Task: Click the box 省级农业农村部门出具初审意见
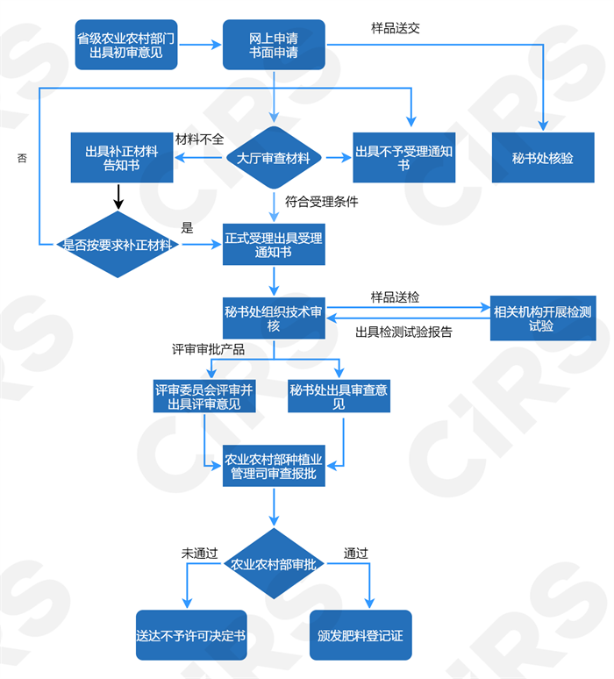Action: coord(126,46)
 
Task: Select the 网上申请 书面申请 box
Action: coord(274,46)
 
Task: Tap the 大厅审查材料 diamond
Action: coord(274,159)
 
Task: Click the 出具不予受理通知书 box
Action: coord(404,158)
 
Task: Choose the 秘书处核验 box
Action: coord(543,158)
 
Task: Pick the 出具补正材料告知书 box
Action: coord(122,158)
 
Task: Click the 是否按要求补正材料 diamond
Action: coord(117,245)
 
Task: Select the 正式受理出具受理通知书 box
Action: coord(274,245)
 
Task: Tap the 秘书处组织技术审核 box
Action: coord(274,318)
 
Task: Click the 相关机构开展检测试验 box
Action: coord(543,318)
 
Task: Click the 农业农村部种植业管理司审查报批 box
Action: coord(274,466)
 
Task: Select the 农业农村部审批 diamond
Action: coord(274,564)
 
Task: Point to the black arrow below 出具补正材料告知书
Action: coord(118,197)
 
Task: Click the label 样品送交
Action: coord(396,27)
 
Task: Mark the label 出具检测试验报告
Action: coord(404,332)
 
